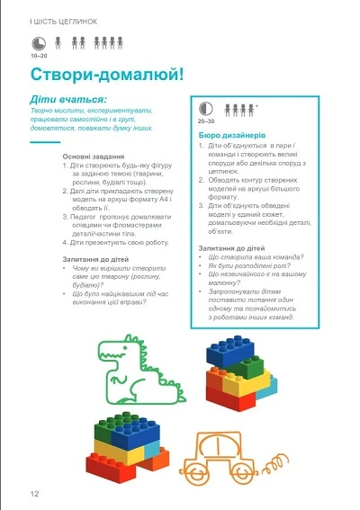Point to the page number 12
point(34,492)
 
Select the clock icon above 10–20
point(35,41)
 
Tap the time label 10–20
point(38,55)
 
